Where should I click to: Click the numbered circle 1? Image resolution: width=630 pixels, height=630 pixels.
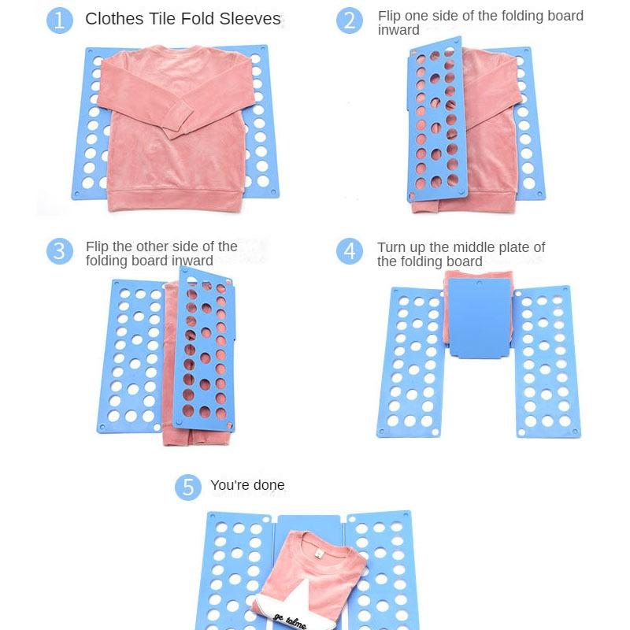point(60,20)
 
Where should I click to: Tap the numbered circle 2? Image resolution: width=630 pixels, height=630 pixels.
point(350,20)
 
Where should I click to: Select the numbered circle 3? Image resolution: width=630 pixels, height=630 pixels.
point(59,251)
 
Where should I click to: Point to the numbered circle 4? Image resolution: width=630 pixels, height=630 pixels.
point(350,251)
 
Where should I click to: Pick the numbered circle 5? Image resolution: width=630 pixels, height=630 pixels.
point(187,487)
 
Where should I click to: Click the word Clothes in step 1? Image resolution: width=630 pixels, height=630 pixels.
point(115,19)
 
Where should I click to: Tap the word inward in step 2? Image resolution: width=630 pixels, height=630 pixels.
point(398,31)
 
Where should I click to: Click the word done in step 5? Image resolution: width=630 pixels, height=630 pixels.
point(269,485)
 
